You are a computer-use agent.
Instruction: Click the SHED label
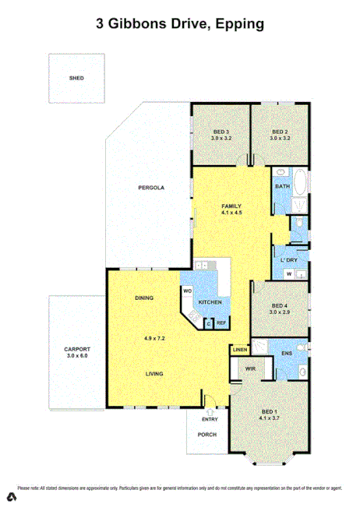tap(76, 79)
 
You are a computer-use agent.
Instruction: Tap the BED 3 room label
tap(221, 132)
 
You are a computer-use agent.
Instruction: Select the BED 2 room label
tap(280, 132)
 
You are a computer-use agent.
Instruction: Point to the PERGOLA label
tap(150, 188)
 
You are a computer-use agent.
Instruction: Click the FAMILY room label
tap(232, 205)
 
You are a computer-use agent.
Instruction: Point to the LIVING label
tap(154, 374)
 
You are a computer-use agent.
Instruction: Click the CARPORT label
tap(77, 349)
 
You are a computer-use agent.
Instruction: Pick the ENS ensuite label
tap(286, 353)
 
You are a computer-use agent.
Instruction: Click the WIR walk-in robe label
tap(250, 368)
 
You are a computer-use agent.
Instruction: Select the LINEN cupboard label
tap(240, 350)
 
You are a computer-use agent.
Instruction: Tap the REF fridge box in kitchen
tap(221, 323)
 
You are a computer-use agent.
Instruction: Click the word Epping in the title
tap(238, 24)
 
